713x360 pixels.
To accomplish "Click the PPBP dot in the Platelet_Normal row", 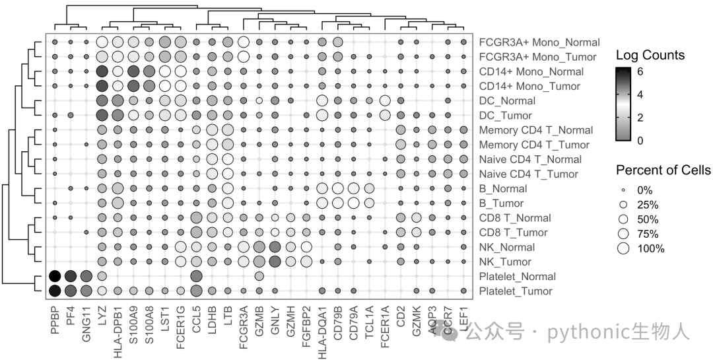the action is point(55,276).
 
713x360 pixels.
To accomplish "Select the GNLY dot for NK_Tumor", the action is point(275,262).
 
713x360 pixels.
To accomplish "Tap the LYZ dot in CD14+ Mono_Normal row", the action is point(102,71).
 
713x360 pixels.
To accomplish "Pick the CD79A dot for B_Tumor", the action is point(353,203).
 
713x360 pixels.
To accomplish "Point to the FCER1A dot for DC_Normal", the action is point(385,100).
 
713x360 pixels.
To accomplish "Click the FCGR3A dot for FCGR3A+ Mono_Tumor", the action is point(243,57).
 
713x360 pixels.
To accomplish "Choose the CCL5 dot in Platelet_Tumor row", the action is point(196,291).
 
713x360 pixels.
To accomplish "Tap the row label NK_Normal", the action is point(507,247).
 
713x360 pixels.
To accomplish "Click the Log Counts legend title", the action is point(650,55).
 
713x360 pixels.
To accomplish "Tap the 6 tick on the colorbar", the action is point(640,72).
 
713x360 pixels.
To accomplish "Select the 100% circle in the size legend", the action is point(623,248).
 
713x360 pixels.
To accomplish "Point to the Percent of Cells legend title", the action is point(663,170).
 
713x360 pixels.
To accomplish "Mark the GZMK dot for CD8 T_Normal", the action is point(416,218).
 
